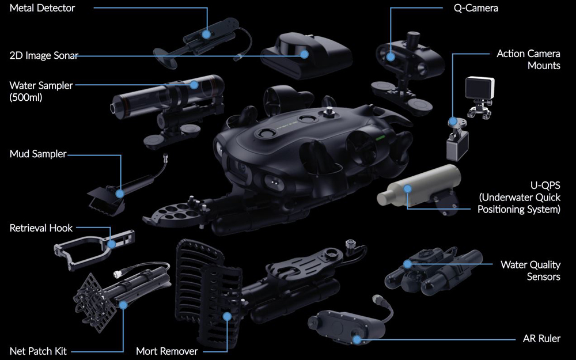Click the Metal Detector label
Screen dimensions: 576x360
[42, 8]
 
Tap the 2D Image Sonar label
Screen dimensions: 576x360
[44, 56]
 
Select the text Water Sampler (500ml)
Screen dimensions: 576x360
[41, 91]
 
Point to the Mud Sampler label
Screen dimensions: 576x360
[38, 154]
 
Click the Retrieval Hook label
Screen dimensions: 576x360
[41, 228]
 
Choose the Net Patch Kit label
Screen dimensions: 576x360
[38, 351]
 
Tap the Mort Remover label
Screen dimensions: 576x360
[167, 351]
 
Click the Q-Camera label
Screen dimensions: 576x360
[476, 8]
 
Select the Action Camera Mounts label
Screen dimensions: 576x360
[528, 59]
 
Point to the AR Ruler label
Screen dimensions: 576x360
[541, 338]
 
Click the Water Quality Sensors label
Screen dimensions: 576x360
[530, 270]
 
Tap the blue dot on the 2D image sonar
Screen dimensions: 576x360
[304, 54]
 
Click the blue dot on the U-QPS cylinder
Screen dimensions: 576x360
[407, 189]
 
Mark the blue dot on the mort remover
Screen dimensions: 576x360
[227, 316]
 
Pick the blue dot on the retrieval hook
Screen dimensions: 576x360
[112, 244]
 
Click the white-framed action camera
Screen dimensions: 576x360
[479, 88]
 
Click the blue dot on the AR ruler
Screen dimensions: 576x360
[357, 339]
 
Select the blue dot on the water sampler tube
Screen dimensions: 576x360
[194, 85]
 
